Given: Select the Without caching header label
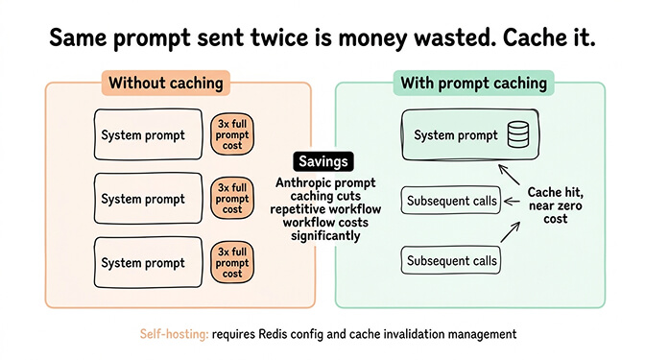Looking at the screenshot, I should click(x=165, y=83).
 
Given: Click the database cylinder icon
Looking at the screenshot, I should click(x=517, y=135).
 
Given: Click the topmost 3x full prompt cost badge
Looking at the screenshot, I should click(x=232, y=135).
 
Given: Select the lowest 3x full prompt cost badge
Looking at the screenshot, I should click(x=232, y=262).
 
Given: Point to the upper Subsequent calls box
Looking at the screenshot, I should click(x=452, y=201).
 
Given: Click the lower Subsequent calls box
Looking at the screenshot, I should click(x=452, y=260).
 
